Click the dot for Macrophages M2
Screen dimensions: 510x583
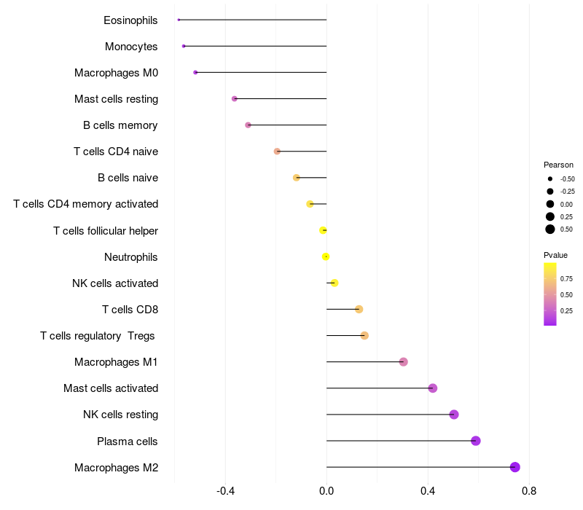point(515,467)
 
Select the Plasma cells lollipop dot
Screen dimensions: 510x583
point(476,441)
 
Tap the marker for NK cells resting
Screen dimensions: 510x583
point(454,415)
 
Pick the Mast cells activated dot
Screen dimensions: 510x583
point(433,388)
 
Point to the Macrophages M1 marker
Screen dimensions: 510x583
point(404,362)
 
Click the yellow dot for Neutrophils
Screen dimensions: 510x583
point(326,256)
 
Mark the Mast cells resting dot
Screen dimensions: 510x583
point(234,98)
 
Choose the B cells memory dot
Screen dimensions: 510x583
point(249,125)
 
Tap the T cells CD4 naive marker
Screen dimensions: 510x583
point(277,152)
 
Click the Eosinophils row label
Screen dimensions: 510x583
point(130,20)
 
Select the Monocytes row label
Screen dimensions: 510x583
point(131,47)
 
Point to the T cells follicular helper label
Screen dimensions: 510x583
point(106,231)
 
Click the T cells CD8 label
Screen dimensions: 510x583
point(130,310)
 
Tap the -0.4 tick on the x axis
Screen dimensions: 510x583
point(226,492)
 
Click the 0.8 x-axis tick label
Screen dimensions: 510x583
point(529,492)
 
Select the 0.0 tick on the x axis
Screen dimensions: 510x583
point(326,492)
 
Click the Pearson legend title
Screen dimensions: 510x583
point(558,165)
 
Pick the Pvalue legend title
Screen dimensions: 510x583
point(555,255)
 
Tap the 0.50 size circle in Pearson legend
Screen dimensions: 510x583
point(550,229)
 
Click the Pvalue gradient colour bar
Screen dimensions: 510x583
point(549,294)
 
